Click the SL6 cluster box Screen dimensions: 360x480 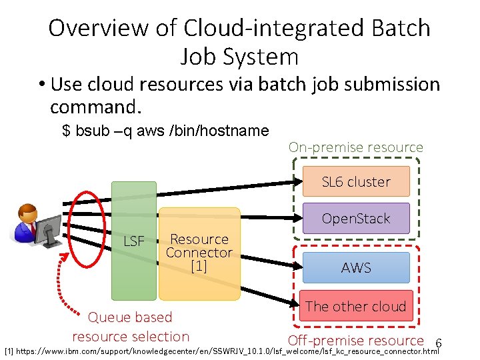(356, 181)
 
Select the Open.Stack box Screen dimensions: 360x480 (356, 219)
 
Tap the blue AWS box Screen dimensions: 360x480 (356, 267)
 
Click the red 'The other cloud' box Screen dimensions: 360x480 (356, 307)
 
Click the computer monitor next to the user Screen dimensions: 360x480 (49, 231)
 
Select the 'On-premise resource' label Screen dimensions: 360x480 (356, 147)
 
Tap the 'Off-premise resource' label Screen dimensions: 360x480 (356, 341)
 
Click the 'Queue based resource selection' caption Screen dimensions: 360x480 (131, 327)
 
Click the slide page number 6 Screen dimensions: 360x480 (438, 343)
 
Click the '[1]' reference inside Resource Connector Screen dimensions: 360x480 (199, 267)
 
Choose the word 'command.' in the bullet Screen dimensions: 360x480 (96, 107)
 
